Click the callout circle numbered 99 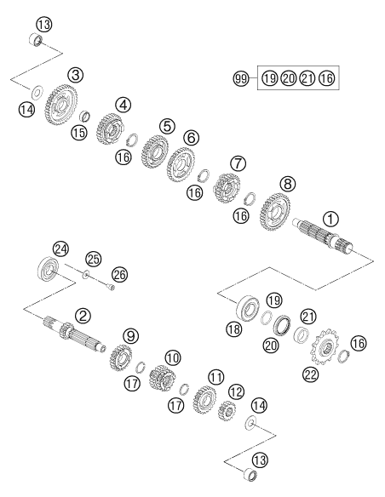click(241, 78)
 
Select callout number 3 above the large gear click(76, 75)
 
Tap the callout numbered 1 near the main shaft click(330, 219)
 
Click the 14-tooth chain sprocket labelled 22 click(324, 348)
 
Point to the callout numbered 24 click(60, 249)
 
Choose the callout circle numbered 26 click(119, 275)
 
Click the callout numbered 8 click(287, 184)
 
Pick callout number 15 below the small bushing click(78, 132)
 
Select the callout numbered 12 click(236, 392)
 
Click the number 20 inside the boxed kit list click(288, 78)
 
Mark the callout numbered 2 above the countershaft click(83, 316)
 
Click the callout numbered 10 click(173, 358)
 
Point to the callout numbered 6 click(192, 138)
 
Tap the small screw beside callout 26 click(112, 287)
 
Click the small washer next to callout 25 click(86, 274)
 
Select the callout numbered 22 click(310, 375)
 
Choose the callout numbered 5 click(167, 126)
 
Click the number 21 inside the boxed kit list click(307, 78)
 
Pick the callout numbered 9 click(131, 335)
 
